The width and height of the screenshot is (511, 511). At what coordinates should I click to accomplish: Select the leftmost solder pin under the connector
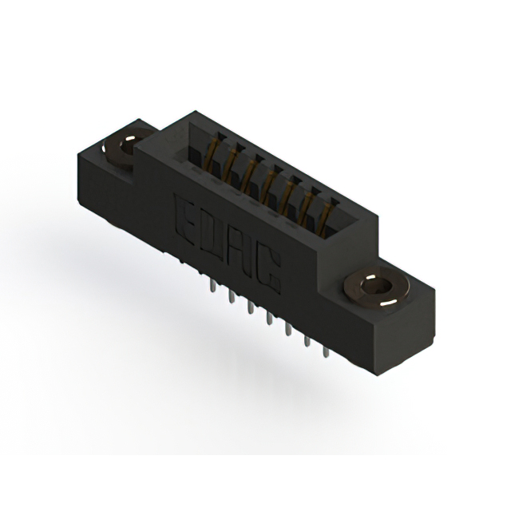point(212,286)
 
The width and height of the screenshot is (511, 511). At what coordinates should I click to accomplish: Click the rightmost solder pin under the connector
point(325,352)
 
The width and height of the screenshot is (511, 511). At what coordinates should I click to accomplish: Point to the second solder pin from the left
point(232,297)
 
